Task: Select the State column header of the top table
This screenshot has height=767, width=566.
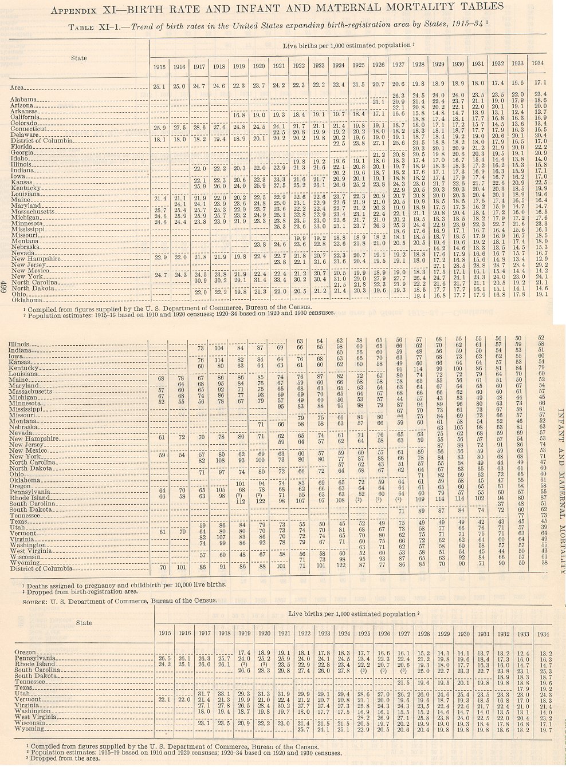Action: (79, 58)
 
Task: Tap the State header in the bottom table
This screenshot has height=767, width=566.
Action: (84, 623)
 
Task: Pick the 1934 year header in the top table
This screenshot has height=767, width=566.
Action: (537, 63)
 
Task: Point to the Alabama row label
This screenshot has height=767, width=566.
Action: (23, 99)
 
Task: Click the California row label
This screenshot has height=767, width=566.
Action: (26, 117)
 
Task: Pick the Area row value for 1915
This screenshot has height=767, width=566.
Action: (160, 86)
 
